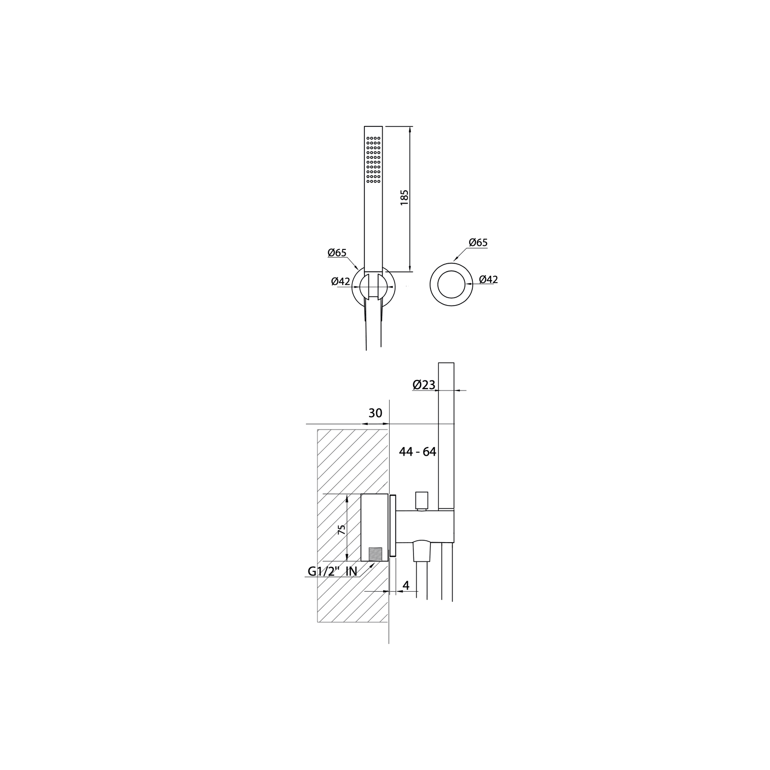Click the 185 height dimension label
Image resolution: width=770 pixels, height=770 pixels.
(x=404, y=198)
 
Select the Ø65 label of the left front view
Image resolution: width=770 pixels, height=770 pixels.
(x=337, y=252)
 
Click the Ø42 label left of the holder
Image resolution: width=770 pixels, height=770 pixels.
(x=340, y=282)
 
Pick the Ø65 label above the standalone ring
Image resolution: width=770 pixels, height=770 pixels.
(x=478, y=242)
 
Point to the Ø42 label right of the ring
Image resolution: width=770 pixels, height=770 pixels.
(x=488, y=279)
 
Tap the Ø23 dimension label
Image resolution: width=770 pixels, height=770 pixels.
(x=424, y=385)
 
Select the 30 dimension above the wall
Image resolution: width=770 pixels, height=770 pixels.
(x=375, y=413)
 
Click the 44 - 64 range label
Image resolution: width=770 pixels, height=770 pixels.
(x=417, y=452)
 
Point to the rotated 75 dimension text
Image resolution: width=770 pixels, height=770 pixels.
(x=341, y=529)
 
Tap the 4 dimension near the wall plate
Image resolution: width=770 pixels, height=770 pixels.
(x=406, y=585)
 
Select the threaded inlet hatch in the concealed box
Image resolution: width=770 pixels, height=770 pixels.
(x=376, y=554)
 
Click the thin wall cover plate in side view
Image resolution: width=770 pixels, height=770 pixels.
(x=393, y=526)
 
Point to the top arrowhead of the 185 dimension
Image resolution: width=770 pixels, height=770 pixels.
(x=410, y=129)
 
